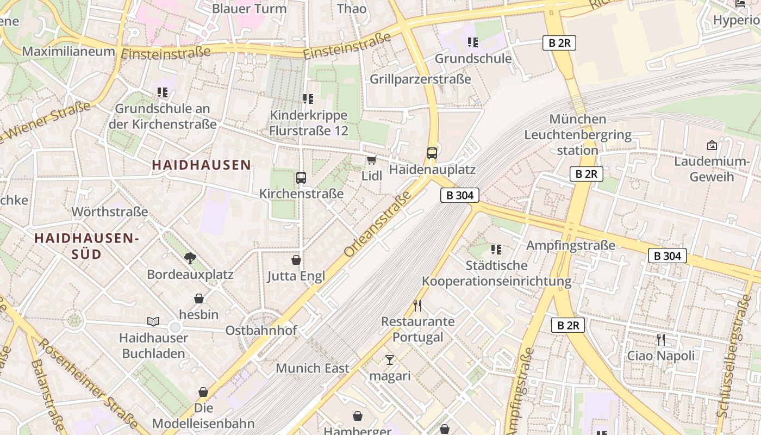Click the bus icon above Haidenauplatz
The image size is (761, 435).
point(432,153)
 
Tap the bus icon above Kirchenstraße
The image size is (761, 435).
point(301,177)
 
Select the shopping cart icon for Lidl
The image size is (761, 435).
point(372,160)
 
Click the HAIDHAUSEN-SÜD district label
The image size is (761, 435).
point(87,246)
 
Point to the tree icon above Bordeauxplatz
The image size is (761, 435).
point(190,258)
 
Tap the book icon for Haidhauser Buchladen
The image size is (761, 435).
point(153,322)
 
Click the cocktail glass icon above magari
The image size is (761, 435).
point(390,359)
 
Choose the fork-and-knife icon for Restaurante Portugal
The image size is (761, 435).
point(417,305)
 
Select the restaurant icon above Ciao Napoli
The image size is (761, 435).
point(661,340)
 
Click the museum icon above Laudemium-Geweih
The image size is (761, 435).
point(712,145)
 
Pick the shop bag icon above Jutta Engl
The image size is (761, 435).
point(296,260)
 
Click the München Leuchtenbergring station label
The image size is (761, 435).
point(577,134)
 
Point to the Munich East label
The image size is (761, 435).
point(313,368)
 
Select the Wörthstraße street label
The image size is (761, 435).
point(110,212)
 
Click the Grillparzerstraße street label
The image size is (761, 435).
point(420,79)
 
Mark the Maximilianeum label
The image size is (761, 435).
point(68,52)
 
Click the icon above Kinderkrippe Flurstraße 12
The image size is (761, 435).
point(308,99)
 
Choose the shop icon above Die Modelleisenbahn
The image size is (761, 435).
point(203,392)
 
